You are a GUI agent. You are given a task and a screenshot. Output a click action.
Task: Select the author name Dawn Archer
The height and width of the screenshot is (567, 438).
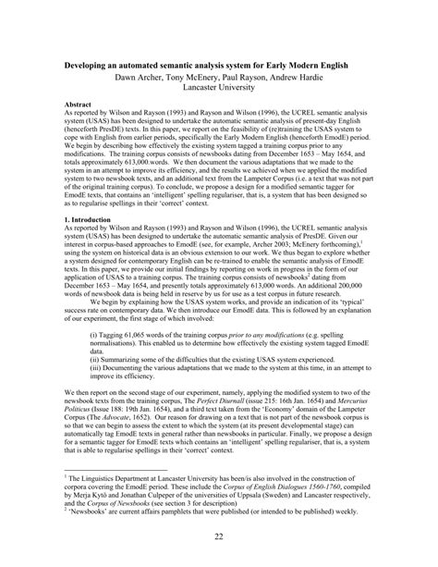point(139,79)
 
